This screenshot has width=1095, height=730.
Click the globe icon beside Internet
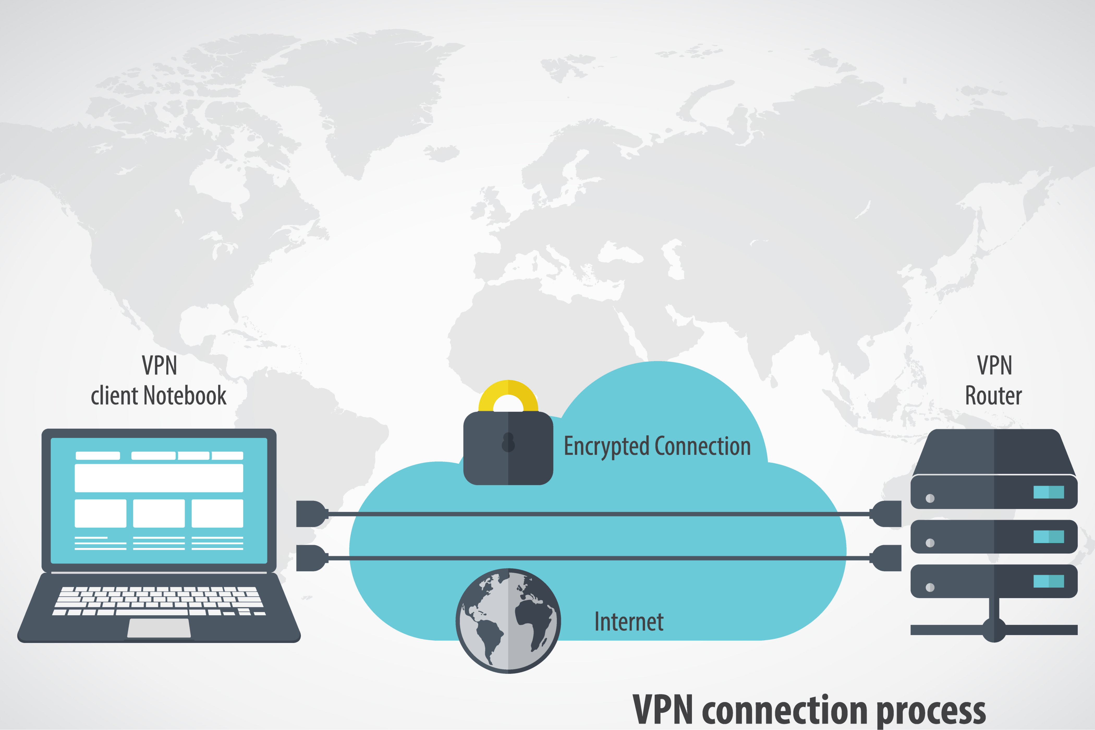508,620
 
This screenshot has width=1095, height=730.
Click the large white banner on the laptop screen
159,478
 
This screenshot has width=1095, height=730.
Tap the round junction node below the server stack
994,630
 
